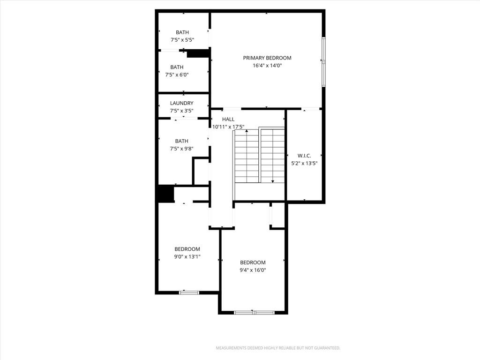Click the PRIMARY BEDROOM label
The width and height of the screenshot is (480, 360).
click(267, 58)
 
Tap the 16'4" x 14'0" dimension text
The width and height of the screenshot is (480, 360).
click(267, 66)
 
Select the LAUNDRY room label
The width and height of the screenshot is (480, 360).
click(181, 103)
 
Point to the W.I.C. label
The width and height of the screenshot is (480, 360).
click(304, 156)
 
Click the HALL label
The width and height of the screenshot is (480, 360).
click(228, 120)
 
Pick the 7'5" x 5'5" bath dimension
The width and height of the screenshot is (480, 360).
click(182, 40)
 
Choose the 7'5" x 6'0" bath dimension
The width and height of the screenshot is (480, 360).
click(177, 75)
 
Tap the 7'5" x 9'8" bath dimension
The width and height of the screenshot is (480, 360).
click(182, 149)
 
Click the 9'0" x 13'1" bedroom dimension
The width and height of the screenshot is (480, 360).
click(187, 257)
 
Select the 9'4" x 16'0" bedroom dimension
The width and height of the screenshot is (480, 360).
click(253, 270)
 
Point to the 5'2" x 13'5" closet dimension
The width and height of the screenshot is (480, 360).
click(304, 164)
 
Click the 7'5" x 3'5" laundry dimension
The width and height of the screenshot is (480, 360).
click(182, 111)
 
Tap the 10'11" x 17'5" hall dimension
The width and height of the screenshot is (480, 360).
click(228, 127)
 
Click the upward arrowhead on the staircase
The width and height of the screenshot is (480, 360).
click(247, 131)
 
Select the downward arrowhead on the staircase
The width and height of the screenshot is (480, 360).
click(273, 181)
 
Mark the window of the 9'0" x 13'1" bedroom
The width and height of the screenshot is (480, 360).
click(189, 292)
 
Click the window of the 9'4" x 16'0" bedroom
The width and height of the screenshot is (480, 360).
click(254, 313)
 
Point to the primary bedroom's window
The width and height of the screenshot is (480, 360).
click(323, 62)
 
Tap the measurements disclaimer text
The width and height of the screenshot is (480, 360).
click(278, 348)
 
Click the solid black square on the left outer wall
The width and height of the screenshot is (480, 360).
click(165, 194)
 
